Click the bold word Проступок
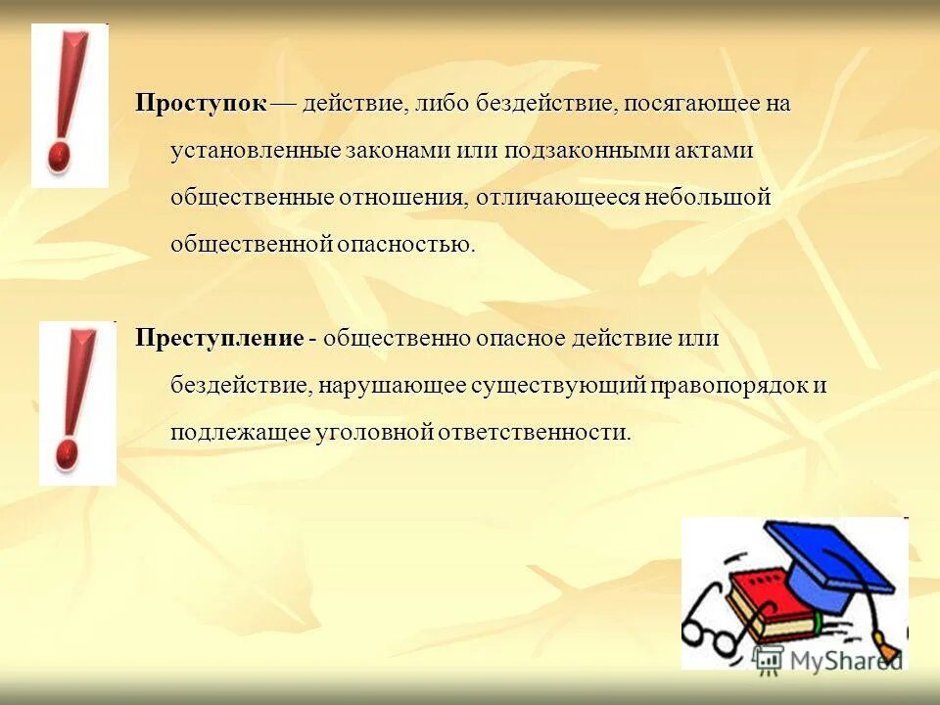point(201,104)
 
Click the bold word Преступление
point(219,339)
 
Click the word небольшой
point(707,198)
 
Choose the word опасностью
point(405,244)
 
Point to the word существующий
point(559,386)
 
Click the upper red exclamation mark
point(68,102)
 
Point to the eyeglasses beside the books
point(715,627)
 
